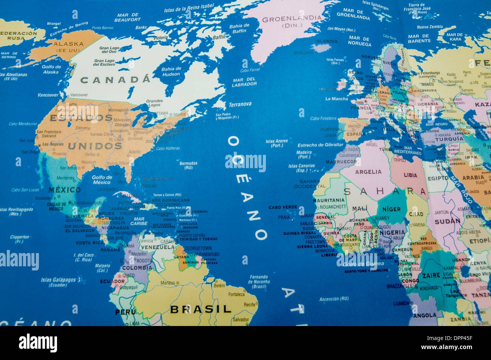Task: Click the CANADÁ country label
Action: pyautogui.click(x=115, y=80)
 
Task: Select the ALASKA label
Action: pyautogui.click(x=68, y=44)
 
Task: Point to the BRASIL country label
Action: pyautogui.click(x=201, y=309)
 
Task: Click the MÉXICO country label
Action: pyautogui.click(x=64, y=190)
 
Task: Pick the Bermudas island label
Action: pyautogui.click(x=188, y=165)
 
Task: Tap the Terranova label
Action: pyautogui.click(x=240, y=104)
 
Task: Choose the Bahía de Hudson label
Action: pyautogui.click(x=171, y=71)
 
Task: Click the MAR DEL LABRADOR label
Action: pyautogui.click(x=244, y=82)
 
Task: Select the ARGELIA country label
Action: pyautogui.click(x=368, y=172)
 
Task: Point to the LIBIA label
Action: pyautogui.click(x=410, y=175)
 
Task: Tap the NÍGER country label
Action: pyautogui.click(x=391, y=209)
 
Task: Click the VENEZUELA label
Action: pyautogui.click(x=158, y=247)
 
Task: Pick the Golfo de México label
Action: pyautogui.click(x=102, y=180)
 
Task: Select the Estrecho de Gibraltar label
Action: pyautogui.click(x=320, y=145)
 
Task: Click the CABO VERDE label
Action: pyautogui.click(x=283, y=207)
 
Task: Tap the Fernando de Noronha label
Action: pyautogui.click(x=259, y=281)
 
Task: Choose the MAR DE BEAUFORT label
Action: pyautogui.click(x=127, y=17)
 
